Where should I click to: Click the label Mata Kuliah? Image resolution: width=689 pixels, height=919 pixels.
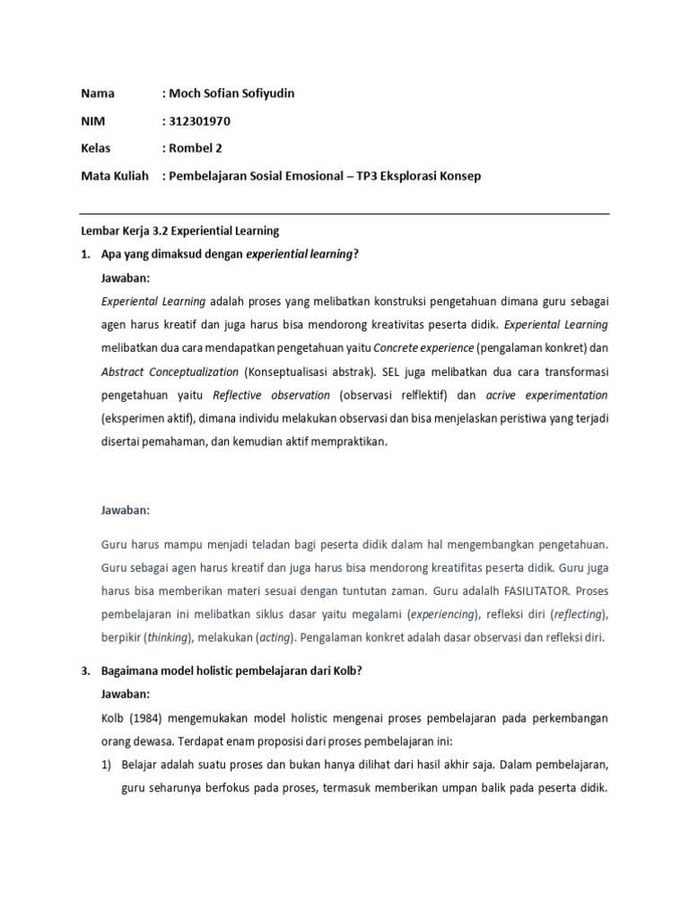tap(114, 176)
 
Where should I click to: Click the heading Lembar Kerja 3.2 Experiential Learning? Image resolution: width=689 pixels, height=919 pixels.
tap(180, 231)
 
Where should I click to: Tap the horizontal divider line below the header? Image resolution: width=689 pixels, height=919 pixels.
tap(344, 214)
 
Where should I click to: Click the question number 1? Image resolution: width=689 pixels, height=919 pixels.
tap(85, 255)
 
